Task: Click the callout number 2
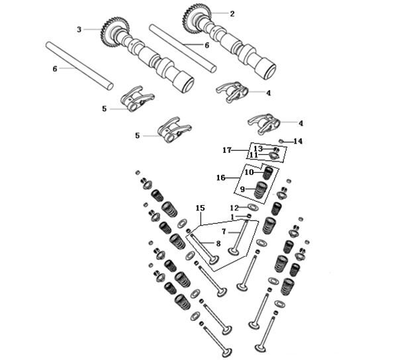point(232,13)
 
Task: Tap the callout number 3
point(79,29)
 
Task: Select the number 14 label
point(298,141)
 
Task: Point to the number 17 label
point(226,151)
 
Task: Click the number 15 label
point(200,208)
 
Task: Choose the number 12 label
point(234,208)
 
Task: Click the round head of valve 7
point(234,251)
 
